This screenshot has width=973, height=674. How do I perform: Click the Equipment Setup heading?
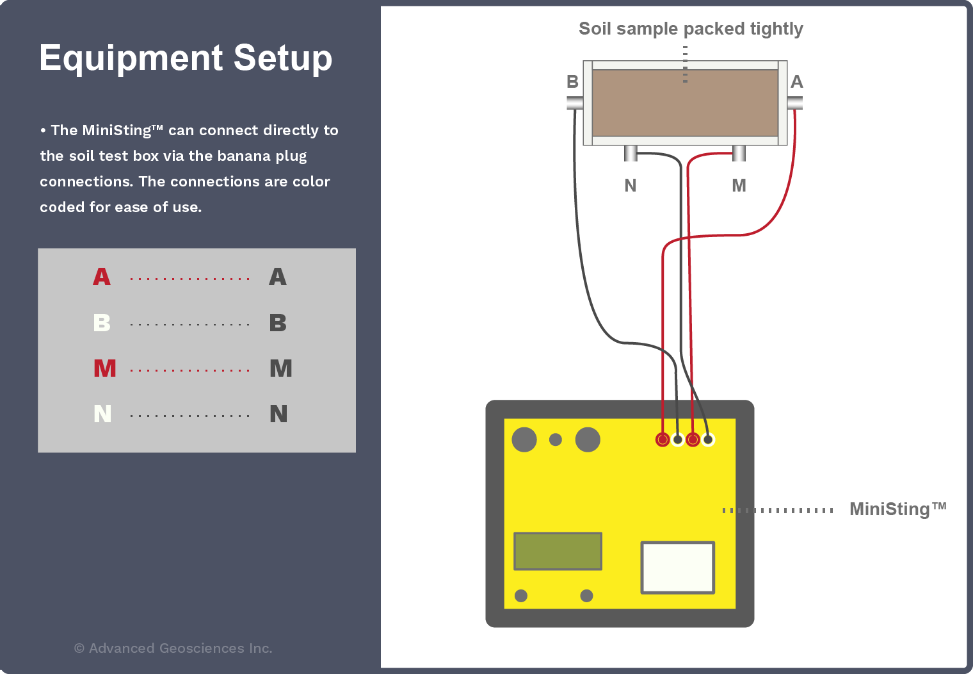[186, 58]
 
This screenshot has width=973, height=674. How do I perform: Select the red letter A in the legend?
[102, 277]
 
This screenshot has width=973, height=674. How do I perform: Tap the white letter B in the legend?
[102, 323]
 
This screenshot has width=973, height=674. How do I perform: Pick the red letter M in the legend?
[104, 368]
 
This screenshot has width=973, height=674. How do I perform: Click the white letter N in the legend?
[102, 414]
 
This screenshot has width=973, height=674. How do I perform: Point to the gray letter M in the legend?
[280, 368]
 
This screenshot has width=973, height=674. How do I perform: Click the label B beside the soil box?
[572, 82]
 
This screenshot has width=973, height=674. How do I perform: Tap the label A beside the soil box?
[796, 82]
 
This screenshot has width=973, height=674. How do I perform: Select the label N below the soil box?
[631, 186]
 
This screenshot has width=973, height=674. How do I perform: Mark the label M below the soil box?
[739, 186]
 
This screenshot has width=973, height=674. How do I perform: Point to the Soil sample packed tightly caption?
[690, 29]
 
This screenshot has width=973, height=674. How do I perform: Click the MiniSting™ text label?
[897, 509]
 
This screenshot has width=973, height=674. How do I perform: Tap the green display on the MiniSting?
[558, 551]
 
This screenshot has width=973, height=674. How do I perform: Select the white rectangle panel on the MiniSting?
[677, 568]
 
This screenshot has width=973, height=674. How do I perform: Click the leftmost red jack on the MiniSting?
[663, 440]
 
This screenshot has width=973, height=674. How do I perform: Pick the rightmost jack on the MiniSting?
[708, 440]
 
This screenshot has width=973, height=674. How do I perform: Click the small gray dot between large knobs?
[556, 440]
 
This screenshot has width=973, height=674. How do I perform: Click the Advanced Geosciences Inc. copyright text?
[173, 648]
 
